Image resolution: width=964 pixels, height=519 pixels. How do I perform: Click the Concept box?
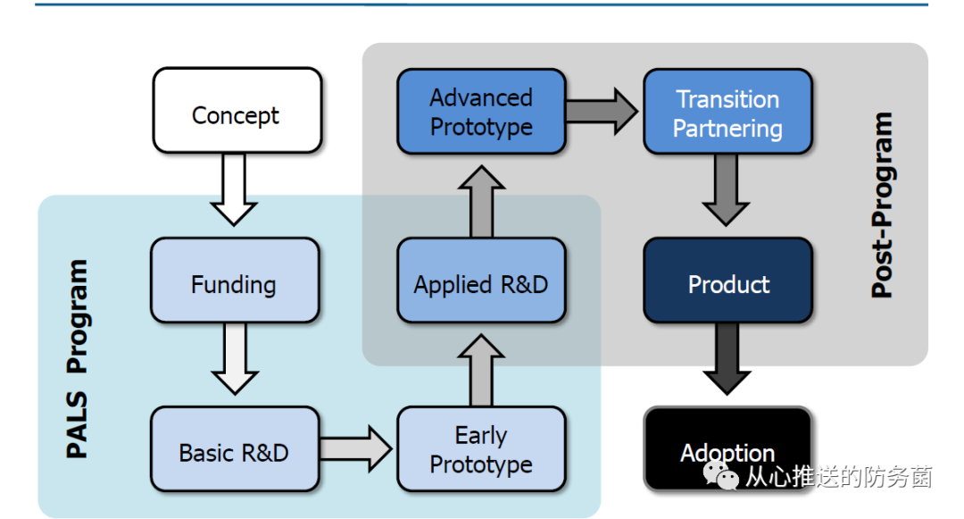click(237, 110)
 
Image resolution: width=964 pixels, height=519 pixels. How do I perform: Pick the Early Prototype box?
click(481, 449)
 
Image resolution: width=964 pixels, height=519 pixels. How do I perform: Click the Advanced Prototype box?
click(481, 111)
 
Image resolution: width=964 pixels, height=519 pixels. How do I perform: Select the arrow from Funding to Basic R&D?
click(235, 357)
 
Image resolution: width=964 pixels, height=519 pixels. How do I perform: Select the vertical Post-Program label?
click(882, 205)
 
